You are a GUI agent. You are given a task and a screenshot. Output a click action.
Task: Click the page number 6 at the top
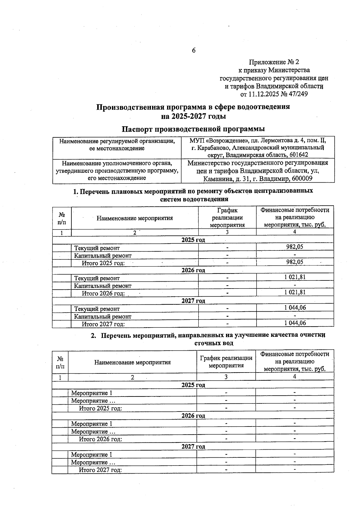point(193,50)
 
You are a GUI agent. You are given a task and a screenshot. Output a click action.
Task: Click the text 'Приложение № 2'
point(274,62)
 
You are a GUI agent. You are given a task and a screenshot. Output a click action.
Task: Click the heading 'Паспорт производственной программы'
point(193,129)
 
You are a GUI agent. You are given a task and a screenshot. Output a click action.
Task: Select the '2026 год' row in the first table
point(193,270)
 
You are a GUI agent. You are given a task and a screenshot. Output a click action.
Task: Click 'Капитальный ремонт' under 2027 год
point(103,316)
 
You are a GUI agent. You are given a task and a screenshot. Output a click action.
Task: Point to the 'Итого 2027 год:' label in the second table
point(100,470)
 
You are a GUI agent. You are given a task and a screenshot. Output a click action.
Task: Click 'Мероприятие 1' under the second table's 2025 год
point(91,393)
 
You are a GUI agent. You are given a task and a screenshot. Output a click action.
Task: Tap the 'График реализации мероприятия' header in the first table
point(227,218)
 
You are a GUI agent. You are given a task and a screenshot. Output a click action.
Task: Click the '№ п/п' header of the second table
point(60,362)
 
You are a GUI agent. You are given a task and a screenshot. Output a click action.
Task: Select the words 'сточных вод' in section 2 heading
point(214,343)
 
